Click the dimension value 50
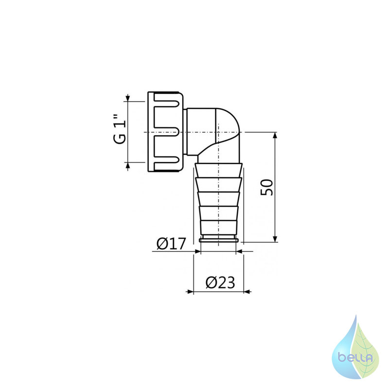[266, 187]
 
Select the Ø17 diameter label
[171, 244]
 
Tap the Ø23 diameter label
[220, 283]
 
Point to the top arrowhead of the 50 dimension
[275, 136]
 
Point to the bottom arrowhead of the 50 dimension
[275, 238]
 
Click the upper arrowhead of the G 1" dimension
[128, 98]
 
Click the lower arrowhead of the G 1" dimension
[128, 166]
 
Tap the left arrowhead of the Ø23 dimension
[190, 292]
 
